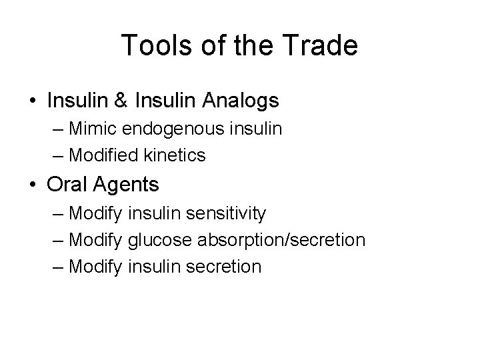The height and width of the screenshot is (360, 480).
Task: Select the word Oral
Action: tap(65, 185)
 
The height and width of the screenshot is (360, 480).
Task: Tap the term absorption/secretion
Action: tap(279, 240)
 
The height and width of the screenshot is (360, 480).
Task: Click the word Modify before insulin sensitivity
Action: tap(95, 213)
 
